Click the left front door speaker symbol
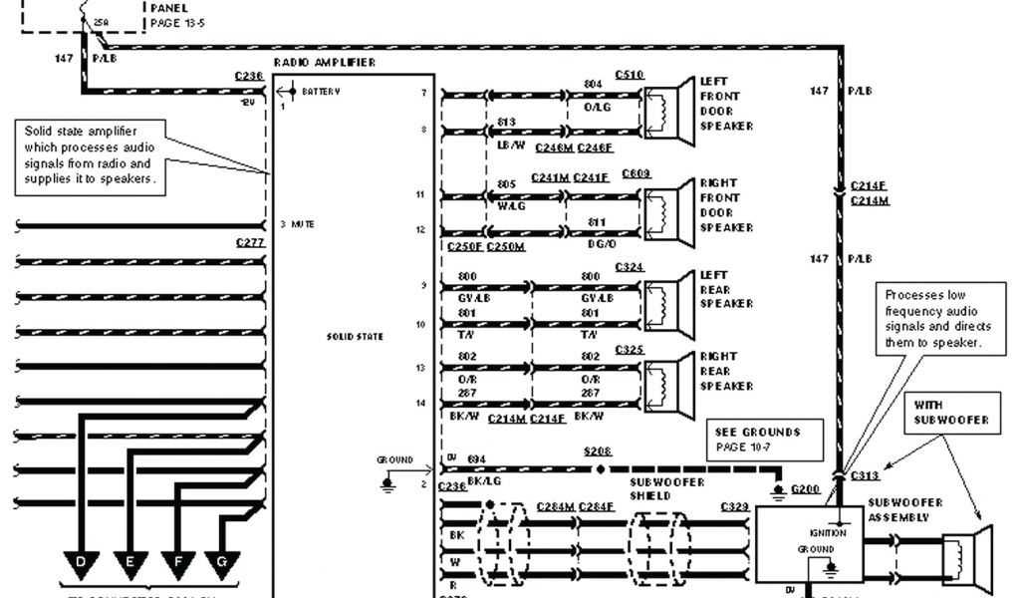[x=669, y=111]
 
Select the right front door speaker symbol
[x=669, y=212]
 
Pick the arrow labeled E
[x=129, y=564]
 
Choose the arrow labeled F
[x=176, y=564]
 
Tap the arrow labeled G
[x=222, y=564]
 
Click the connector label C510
[x=630, y=75]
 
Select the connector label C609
[x=637, y=174]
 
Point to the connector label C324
[x=630, y=267]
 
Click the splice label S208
[x=599, y=451]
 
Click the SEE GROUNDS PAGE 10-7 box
[x=766, y=440]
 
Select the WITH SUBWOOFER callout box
[x=951, y=413]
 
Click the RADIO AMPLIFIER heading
[x=325, y=63]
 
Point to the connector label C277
[x=250, y=242]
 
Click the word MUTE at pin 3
[x=303, y=225]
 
